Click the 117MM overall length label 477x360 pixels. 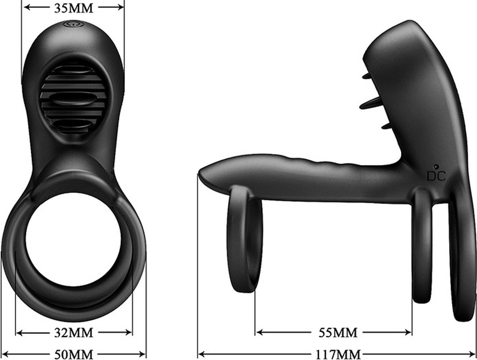[338, 354]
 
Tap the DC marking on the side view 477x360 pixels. [436, 176]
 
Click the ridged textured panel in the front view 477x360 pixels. [74, 97]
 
